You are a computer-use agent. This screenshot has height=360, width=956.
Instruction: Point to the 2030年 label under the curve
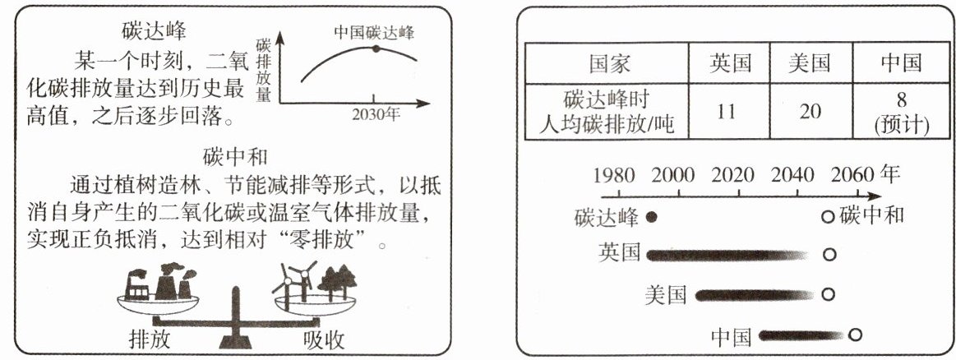pos(376,115)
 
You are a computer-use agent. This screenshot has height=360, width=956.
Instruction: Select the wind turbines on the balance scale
pos(294,281)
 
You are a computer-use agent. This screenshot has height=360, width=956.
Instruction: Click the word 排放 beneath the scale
pos(151,339)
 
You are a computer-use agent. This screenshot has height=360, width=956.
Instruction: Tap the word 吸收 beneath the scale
pos(323,339)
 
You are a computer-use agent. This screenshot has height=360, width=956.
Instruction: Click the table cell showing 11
pos(726,111)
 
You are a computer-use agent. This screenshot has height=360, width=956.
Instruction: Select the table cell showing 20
pos(810,111)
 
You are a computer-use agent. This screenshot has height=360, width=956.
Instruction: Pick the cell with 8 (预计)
pos(902,111)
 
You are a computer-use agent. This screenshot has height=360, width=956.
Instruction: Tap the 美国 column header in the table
pos(810,63)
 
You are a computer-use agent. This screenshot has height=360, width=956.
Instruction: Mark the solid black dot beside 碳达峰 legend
pos(651,218)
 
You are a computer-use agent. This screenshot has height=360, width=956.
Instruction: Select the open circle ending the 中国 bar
pos(855,335)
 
